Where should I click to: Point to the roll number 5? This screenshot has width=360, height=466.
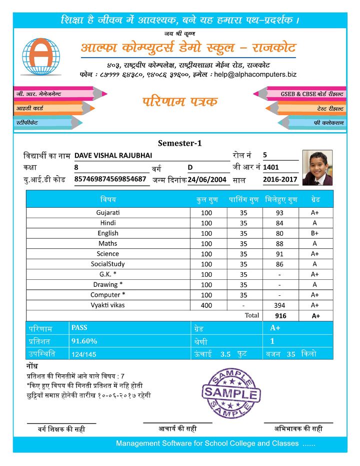point(265,155)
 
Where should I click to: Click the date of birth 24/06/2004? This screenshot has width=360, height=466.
point(207,179)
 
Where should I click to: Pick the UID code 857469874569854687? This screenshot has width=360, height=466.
point(110,179)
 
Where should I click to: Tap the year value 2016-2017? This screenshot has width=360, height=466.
point(280,179)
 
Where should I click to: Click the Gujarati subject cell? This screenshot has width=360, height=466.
point(108,212)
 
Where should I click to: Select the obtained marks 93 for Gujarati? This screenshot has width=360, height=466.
point(279,213)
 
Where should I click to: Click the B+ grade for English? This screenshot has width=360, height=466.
point(315,233)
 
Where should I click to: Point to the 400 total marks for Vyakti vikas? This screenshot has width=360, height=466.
point(206,305)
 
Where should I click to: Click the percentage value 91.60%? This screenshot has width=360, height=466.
point(84,341)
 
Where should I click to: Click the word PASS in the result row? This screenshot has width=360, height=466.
point(79,328)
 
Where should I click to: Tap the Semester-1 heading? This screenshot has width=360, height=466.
point(179,143)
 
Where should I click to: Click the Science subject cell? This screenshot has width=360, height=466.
point(108,254)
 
